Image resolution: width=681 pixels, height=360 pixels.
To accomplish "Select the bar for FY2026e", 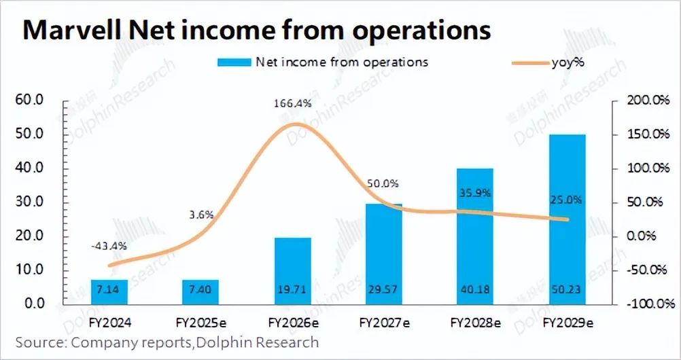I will (293, 270).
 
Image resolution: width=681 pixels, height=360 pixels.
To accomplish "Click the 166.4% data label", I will (293, 104).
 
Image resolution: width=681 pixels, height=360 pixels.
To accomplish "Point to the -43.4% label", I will (108, 245).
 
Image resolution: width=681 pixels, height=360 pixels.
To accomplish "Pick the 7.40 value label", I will (200, 290).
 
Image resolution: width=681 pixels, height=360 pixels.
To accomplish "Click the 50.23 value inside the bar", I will (567, 290).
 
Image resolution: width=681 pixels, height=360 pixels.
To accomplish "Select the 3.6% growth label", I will (200, 215).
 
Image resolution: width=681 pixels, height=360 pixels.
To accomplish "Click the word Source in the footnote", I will (38, 342).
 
